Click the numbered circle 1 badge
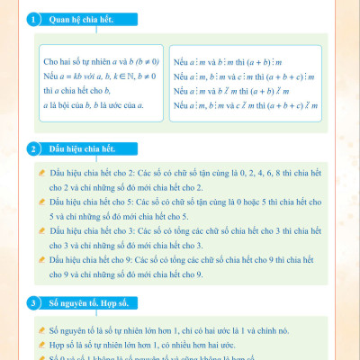pos(33,19)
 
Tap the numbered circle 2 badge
pos(33,148)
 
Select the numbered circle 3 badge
pos(33,303)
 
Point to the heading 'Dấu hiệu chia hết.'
pos(82,148)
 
